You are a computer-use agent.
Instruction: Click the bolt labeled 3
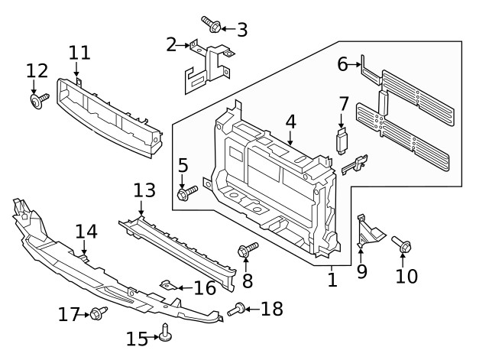pos(211,25)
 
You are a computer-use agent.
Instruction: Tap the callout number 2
pos(172,45)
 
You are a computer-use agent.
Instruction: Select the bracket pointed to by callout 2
pos(204,68)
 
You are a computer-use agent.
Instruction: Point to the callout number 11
pos(79,53)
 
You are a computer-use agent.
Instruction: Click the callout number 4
pos(290,122)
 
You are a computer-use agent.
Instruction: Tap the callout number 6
pos(343,65)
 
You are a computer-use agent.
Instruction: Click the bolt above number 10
pos(403,245)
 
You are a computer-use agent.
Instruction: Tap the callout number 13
pos(144,190)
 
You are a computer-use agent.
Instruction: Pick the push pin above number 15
pos(166,330)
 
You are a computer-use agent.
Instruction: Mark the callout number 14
pos(86,232)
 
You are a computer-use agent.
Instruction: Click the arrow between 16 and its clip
pos(183,288)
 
